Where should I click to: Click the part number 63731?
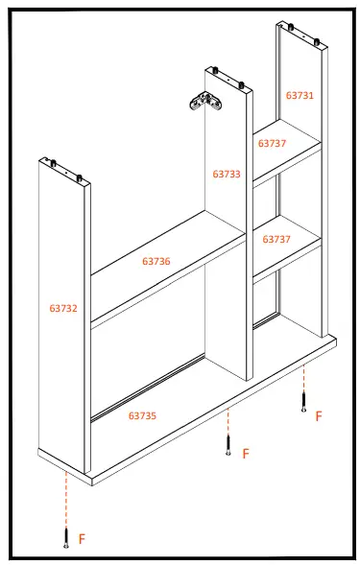(x=300, y=95)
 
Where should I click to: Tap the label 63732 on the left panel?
(x=63, y=308)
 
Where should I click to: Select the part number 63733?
(x=227, y=174)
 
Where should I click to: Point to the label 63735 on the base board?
(x=143, y=415)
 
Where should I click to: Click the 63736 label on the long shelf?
(x=156, y=261)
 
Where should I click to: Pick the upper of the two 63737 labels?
(x=272, y=143)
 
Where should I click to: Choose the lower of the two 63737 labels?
(x=276, y=239)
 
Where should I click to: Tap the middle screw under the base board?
(x=228, y=444)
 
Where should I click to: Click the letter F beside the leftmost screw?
(x=82, y=540)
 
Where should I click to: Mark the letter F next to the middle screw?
(x=246, y=453)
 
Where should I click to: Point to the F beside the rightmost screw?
(x=319, y=415)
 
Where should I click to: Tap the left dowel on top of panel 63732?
(x=56, y=160)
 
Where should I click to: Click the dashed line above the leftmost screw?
(x=65, y=499)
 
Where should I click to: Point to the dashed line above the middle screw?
(x=228, y=422)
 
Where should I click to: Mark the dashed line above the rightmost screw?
(x=304, y=379)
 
